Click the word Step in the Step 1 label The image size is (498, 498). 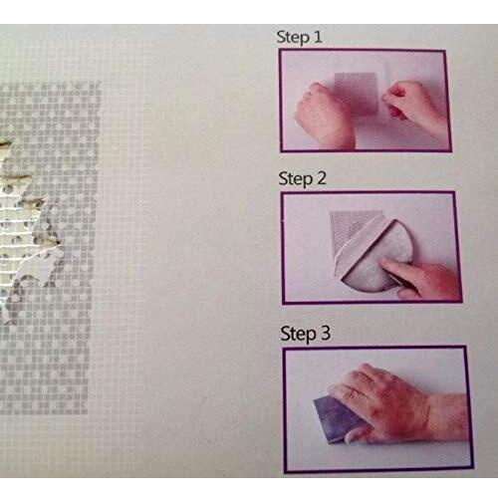293,37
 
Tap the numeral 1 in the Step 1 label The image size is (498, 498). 318,36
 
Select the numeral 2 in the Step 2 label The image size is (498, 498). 321,178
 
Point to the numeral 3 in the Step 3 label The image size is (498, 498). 325,333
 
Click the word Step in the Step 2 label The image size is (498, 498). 296,179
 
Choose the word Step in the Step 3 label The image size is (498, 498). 298,335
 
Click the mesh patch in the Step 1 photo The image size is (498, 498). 357,94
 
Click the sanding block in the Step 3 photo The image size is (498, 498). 339,416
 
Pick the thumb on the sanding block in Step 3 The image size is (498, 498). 356,434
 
